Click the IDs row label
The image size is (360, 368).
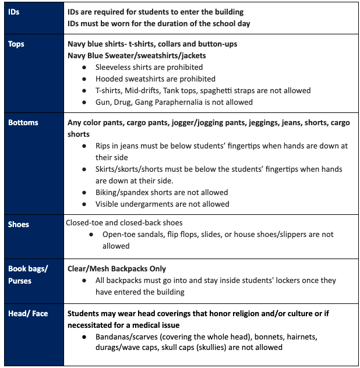[x=14, y=12]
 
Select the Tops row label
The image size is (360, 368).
[x=17, y=44]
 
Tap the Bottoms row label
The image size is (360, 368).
[x=23, y=123]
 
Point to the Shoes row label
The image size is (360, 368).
[x=19, y=224]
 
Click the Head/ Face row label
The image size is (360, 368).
[x=27, y=313]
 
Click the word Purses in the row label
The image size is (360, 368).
[x=20, y=281]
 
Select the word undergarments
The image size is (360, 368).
[x=153, y=204]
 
